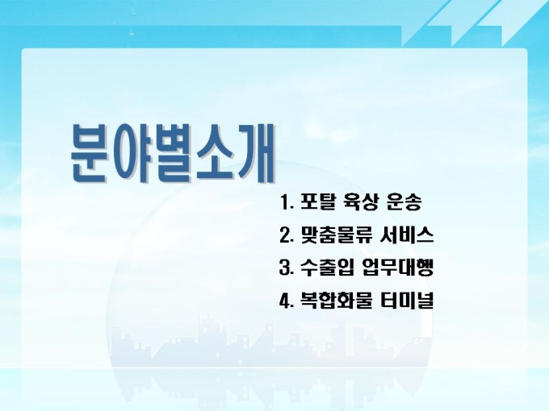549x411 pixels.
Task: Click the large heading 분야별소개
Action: (173, 152)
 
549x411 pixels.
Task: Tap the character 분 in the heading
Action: (89, 152)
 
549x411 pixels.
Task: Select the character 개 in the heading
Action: (255, 152)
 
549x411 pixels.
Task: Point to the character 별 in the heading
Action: (171, 152)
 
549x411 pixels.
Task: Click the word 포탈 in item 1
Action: (316, 201)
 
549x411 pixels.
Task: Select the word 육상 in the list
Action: (359, 201)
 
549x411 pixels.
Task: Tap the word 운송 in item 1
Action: (404, 201)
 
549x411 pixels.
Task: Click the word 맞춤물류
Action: (334, 235)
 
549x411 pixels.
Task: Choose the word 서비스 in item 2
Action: (406, 235)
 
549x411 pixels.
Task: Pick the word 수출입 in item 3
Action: (326, 268)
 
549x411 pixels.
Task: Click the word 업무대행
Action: (398, 268)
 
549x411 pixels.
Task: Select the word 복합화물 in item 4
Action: (335, 300)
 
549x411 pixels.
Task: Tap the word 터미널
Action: (407, 300)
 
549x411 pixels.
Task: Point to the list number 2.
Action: (286, 235)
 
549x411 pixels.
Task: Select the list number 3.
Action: (286, 268)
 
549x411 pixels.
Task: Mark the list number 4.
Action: (286, 301)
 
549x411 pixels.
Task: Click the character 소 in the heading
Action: (213, 152)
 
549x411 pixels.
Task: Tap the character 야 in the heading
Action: (130, 152)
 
